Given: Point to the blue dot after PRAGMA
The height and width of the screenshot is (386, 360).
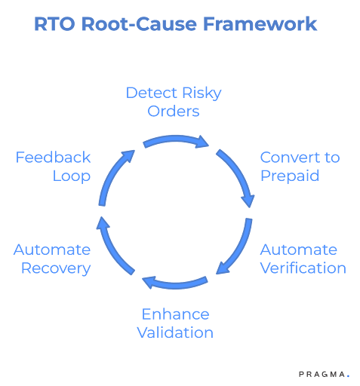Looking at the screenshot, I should click(349, 375).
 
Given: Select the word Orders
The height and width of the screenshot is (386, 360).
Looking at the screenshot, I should click(174, 112).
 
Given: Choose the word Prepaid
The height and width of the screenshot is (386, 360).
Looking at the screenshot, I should click(290, 176).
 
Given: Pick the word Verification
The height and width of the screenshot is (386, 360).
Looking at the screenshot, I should click(303, 268).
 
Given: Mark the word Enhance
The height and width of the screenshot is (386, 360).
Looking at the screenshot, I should click(175, 314).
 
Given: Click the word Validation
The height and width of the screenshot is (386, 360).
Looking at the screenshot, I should click(175, 332).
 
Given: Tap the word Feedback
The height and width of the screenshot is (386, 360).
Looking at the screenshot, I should click(53, 158).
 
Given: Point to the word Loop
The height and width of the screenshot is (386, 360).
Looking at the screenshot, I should click(71, 176).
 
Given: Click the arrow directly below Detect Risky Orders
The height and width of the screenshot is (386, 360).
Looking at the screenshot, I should click(175, 140).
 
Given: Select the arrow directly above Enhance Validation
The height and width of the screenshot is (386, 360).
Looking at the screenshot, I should click(175, 284).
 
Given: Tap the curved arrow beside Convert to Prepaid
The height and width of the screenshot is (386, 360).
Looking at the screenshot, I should click(238, 176).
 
